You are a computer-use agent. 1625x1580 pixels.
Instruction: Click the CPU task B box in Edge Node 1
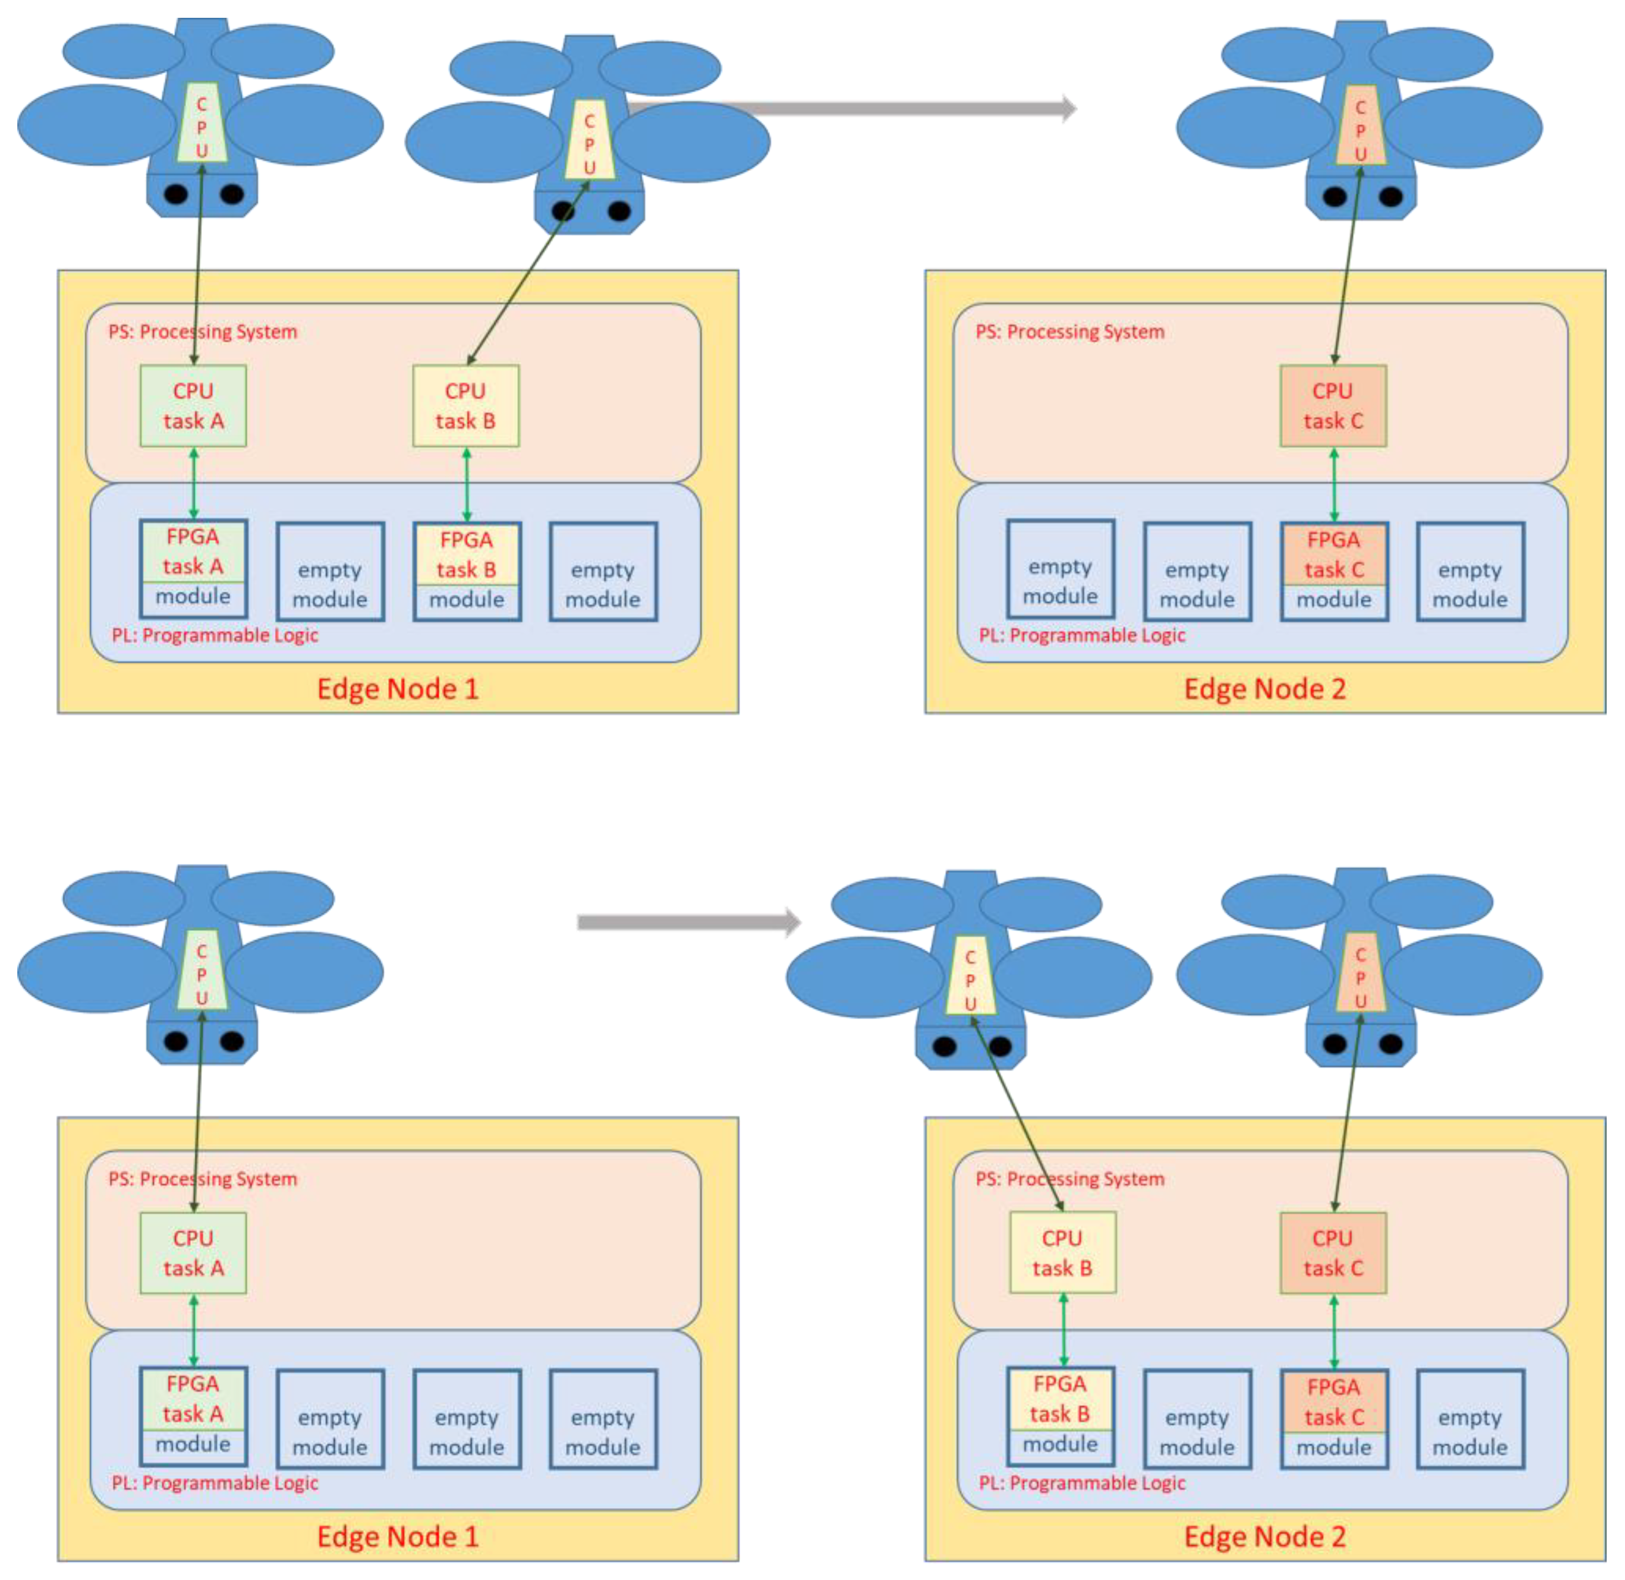466,406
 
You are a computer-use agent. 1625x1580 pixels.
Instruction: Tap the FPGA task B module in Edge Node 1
466,571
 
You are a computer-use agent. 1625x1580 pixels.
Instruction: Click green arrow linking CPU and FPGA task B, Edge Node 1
466,484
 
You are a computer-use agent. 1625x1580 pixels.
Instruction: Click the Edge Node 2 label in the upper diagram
1264,689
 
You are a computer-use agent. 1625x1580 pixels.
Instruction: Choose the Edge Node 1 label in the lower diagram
397,1536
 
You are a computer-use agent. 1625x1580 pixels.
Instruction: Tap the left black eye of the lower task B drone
944,1046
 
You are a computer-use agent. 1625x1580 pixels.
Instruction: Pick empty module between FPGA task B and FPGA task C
1196,1420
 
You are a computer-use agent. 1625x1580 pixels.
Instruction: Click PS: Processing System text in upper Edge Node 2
1069,332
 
